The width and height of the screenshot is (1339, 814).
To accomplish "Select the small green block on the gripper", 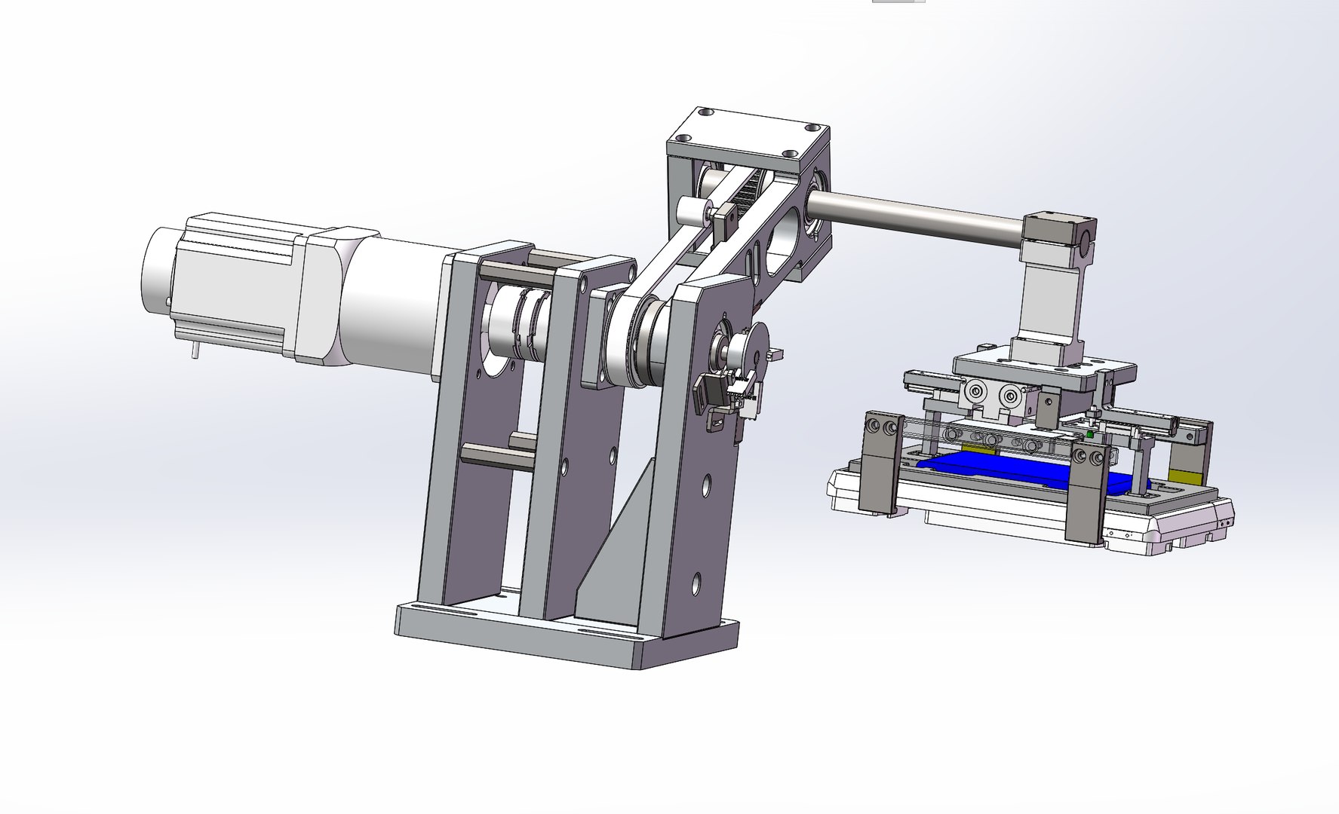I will (1089, 435).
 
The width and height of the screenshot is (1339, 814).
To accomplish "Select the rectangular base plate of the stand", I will (566, 641).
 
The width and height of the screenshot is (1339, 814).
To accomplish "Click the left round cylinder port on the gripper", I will (976, 392).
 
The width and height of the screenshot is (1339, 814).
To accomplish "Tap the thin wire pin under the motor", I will (195, 350).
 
